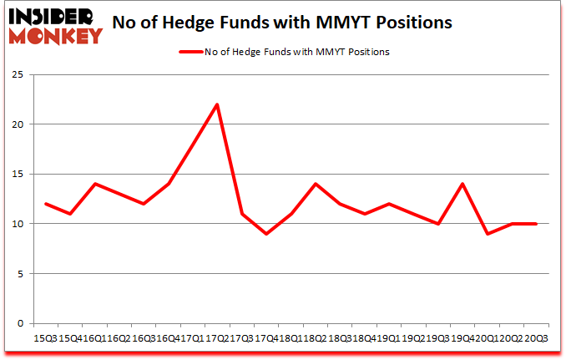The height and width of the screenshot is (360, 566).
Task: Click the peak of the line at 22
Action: [217, 104]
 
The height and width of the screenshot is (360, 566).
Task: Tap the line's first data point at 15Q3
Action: [46, 204]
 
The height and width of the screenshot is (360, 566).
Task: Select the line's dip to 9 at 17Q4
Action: [266, 234]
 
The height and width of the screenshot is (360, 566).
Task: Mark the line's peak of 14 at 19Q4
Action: [462, 184]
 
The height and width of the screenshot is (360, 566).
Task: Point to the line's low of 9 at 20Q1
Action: [487, 234]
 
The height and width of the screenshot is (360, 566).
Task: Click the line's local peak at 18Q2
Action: [316, 184]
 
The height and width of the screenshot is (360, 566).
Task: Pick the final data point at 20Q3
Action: [535, 224]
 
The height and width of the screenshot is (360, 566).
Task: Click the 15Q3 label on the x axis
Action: [44, 338]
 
